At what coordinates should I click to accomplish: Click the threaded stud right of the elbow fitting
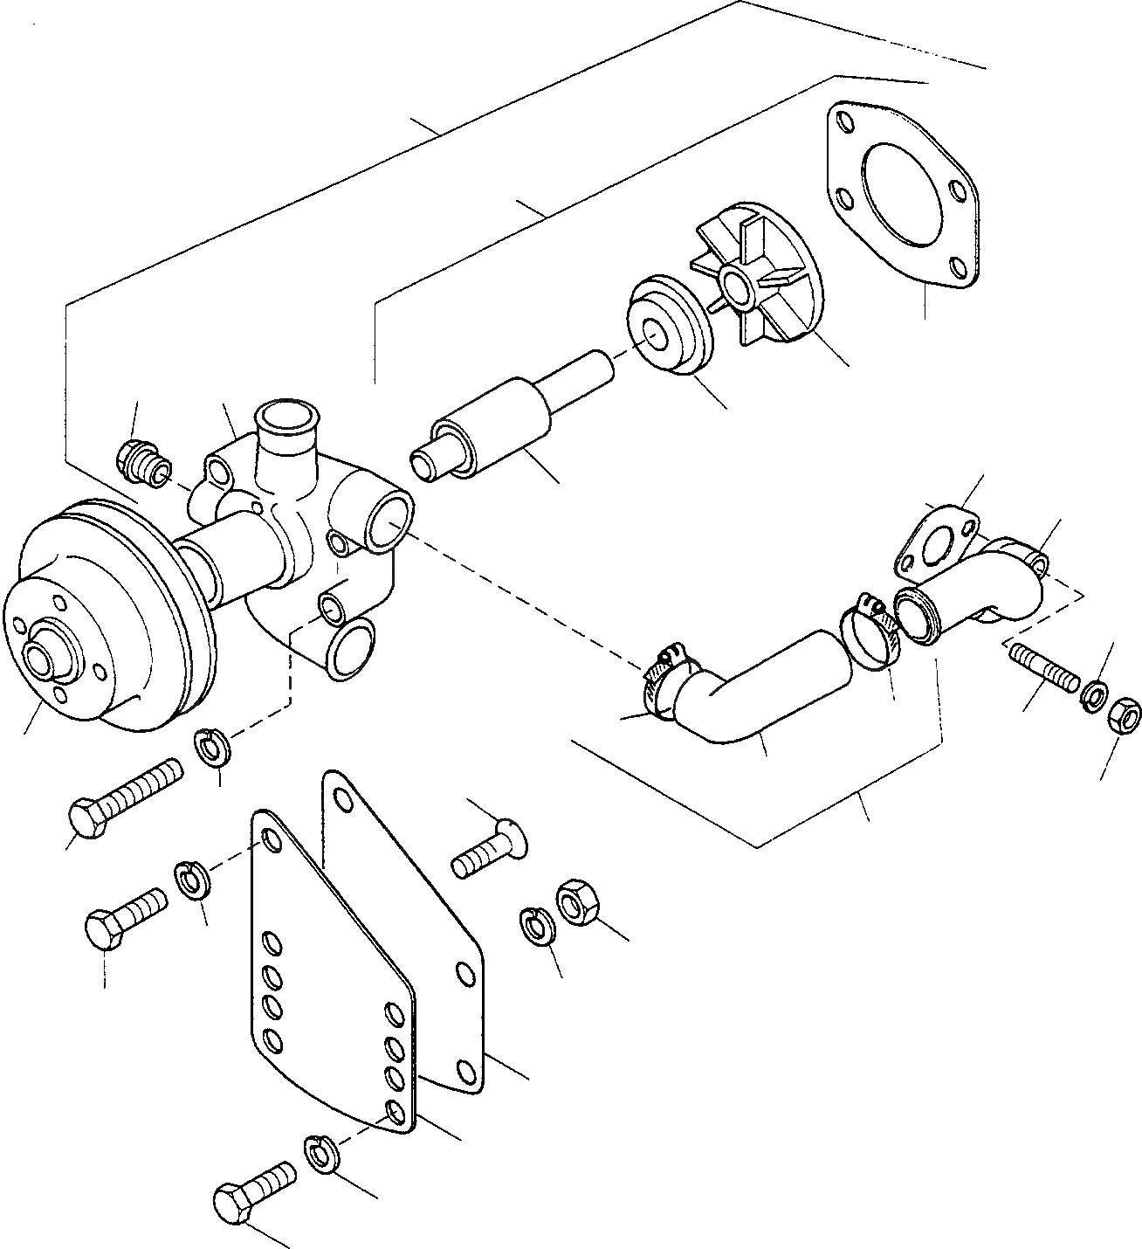[1043, 668]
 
